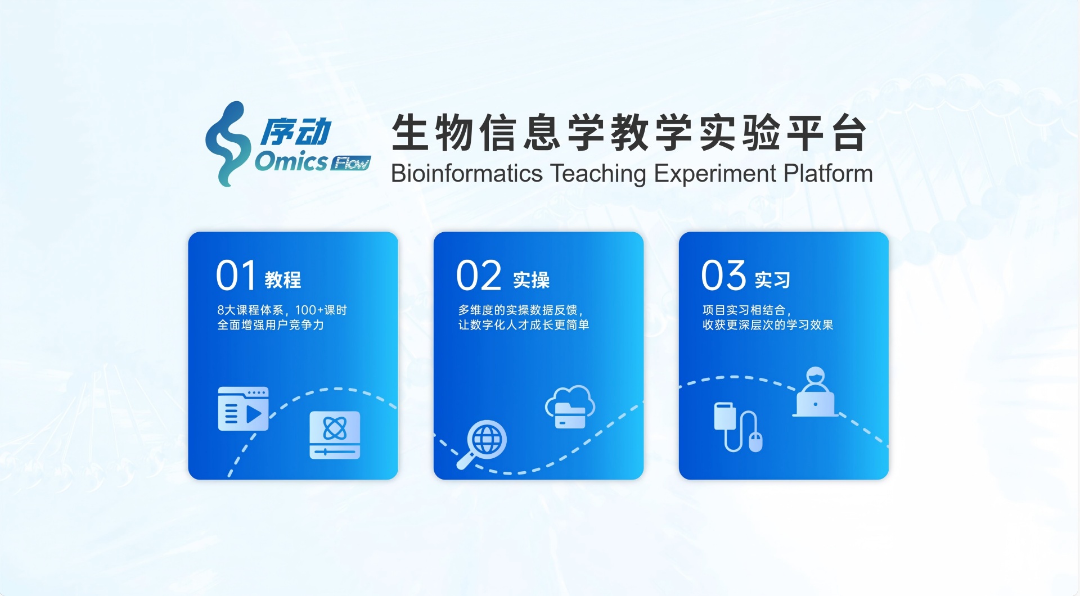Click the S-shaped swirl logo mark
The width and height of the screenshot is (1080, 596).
[x=227, y=144]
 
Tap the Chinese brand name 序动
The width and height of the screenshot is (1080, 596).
[x=296, y=133]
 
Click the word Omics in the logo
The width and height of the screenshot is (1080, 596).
[x=291, y=162]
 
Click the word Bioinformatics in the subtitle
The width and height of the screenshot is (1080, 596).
[x=467, y=174]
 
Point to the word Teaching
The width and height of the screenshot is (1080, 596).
[x=598, y=174]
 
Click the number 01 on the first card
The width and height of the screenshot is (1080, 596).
[x=236, y=276]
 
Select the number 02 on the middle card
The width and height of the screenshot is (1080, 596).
[x=479, y=276]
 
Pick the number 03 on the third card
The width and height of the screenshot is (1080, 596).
[x=724, y=276]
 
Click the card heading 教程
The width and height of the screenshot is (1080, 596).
[x=283, y=279]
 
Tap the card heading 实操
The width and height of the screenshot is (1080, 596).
[x=532, y=279]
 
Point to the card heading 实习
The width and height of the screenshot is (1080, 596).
[x=773, y=279]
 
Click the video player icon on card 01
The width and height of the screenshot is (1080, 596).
[x=243, y=409]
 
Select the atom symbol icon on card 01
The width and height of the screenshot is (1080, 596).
[x=335, y=435]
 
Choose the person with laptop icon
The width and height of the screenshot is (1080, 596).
[x=815, y=392]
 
